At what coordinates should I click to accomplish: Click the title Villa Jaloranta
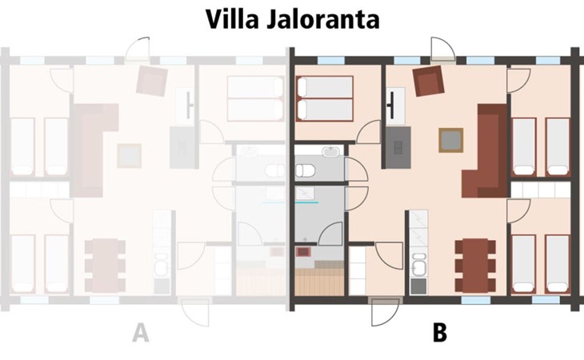click(291, 19)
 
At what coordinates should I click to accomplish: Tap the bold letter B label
click(439, 332)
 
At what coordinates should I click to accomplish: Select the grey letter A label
click(141, 332)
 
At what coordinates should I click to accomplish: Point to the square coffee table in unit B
click(450, 141)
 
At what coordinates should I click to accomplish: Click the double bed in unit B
click(325, 98)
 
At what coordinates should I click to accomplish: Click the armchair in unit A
click(151, 79)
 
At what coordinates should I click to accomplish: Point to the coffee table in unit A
click(129, 153)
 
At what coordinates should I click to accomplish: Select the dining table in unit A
click(106, 265)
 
